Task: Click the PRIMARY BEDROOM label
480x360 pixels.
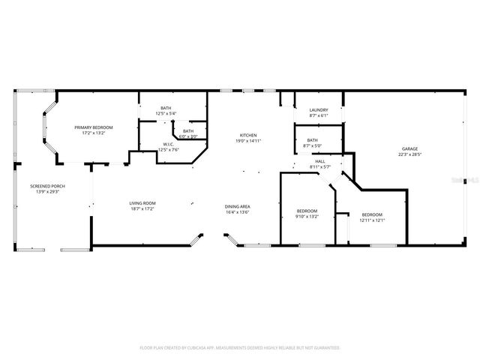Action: [94, 127]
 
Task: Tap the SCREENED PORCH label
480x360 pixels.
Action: [44, 186]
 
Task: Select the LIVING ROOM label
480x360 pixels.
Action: [142, 203]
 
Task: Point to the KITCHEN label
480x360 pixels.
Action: [248, 135]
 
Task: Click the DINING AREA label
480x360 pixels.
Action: [237, 206]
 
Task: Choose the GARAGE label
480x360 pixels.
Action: [409, 149]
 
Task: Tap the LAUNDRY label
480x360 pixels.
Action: [319, 110]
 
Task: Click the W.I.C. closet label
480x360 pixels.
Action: [169, 144]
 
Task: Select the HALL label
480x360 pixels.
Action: [319, 161]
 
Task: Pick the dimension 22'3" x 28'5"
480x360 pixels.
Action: [409, 154]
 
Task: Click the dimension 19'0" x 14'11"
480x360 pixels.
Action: [248, 140]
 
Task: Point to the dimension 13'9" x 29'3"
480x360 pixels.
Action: [44, 191]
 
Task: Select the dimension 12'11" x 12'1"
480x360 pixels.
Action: [372, 220]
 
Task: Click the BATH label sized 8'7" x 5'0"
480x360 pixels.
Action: [312, 139]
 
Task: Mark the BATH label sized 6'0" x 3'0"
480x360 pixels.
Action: [188, 131]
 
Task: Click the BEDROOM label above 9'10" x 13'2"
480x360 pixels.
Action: [307, 210]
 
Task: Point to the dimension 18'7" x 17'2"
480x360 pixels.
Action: [142, 208]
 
